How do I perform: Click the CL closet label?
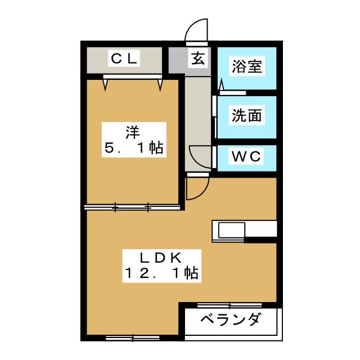click(124, 58)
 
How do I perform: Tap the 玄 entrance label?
click(199, 57)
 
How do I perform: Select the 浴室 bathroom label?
click(247, 66)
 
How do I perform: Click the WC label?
click(247, 156)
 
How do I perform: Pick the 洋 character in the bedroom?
click(132, 133)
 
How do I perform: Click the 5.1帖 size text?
click(133, 149)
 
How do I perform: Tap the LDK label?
click(160, 258)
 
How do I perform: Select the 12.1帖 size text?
click(160, 274)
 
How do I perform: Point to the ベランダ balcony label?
click(231, 321)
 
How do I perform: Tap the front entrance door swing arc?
click(197, 31)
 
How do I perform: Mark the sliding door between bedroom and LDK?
click(132, 208)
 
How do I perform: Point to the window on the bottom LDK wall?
click(132, 338)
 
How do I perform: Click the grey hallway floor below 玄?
click(197, 112)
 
